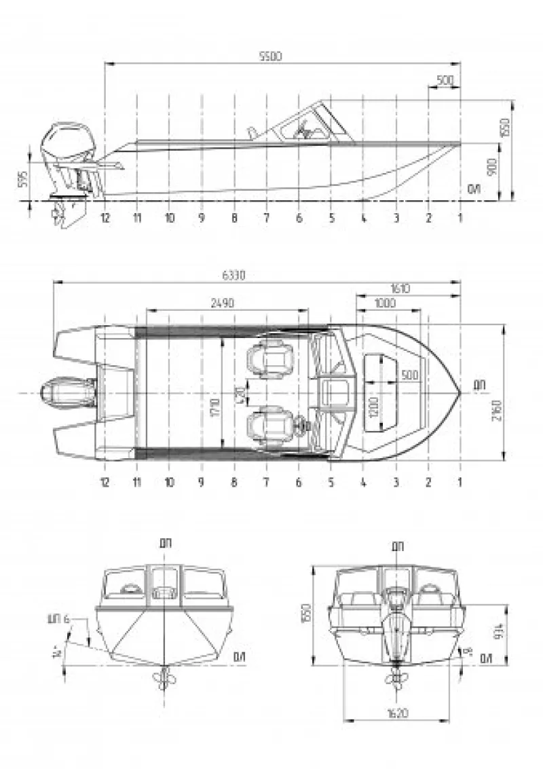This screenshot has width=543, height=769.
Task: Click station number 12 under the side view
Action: pyautogui.click(x=105, y=218)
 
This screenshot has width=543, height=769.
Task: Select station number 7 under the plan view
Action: pyautogui.click(x=266, y=482)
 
